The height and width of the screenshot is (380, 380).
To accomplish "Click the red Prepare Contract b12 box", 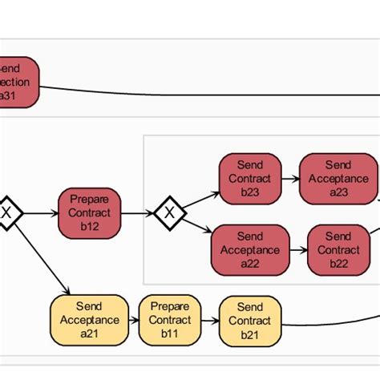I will click(x=89, y=213).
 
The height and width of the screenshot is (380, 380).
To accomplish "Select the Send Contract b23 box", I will click(x=249, y=179).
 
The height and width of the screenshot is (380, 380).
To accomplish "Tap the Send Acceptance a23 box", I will click(x=338, y=179).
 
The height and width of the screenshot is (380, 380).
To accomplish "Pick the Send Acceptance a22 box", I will click(x=249, y=249).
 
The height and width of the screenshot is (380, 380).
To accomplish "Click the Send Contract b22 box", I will click(x=338, y=249).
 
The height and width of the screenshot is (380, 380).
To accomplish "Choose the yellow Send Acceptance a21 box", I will click(x=89, y=320).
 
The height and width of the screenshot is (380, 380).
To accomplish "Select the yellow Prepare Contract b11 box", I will click(x=169, y=320).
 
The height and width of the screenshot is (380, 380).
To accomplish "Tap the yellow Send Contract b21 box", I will click(x=249, y=320).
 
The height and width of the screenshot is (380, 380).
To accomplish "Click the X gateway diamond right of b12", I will click(x=169, y=213).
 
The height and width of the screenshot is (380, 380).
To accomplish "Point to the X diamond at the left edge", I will click(x=6, y=213).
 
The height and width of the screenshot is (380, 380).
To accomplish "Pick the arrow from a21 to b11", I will click(x=133, y=320).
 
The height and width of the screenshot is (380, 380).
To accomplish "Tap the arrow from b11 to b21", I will click(x=209, y=320).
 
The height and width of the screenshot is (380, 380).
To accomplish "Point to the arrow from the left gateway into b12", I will click(x=40, y=213).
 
